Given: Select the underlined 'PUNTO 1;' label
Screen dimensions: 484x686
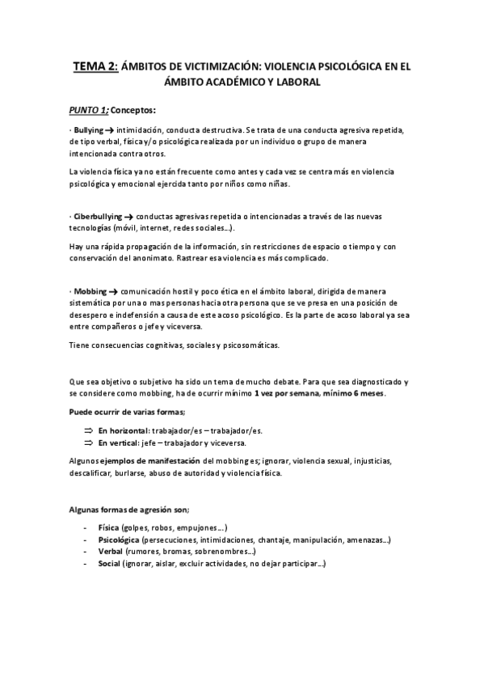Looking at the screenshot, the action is (x=88, y=110).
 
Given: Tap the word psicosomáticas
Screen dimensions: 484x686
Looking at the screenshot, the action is (x=247, y=345).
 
